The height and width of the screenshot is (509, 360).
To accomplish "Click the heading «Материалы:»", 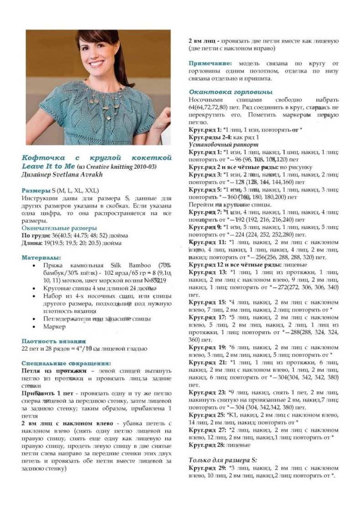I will point(41,257).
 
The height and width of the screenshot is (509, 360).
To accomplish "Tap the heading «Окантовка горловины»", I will point(231,92).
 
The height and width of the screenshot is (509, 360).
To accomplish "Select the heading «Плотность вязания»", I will point(54,341).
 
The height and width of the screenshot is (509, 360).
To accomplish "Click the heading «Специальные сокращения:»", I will point(66,363).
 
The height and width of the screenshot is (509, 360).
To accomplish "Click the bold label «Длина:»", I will point(31,243).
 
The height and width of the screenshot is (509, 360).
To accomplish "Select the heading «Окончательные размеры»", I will point(59,228).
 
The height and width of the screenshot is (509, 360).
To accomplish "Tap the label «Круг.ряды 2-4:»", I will point(210,137).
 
